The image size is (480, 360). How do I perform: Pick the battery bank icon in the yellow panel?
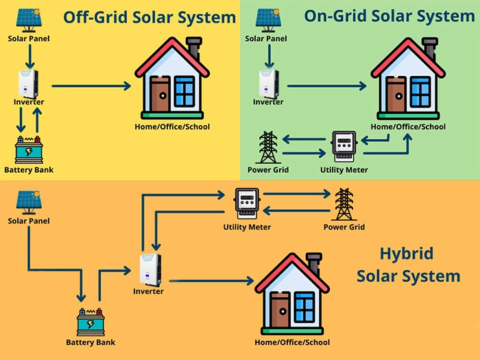pyautogui.click(x=28, y=149)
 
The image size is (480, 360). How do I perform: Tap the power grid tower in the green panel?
pyautogui.click(x=267, y=147)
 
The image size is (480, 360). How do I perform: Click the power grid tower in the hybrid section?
pyautogui.click(x=344, y=204)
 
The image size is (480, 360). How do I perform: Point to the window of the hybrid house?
pyautogui.click(x=304, y=304)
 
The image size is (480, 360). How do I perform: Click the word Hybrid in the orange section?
pyautogui.click(x=406, y=254)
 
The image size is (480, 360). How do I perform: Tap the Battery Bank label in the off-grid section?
pyautogui.click(x=28, y=169)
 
